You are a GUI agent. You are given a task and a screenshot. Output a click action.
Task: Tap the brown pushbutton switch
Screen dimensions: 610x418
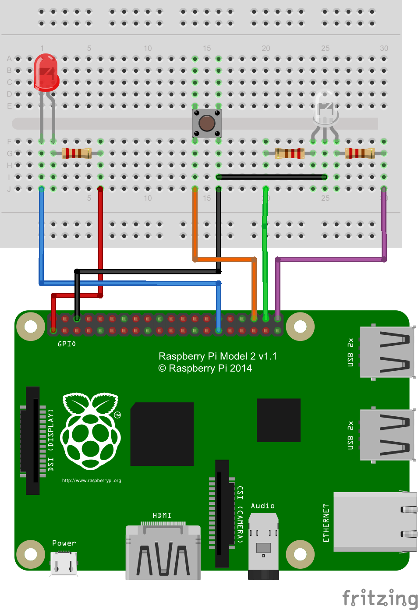click(x=207, y=123)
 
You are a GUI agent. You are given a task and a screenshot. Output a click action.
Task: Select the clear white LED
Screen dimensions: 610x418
click(x=325, y=107)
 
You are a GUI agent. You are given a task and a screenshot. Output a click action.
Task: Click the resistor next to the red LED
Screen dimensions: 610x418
click(x=77, y=153)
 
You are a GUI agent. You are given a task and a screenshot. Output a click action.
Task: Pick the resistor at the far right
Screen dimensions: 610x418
click(x=360, y=153)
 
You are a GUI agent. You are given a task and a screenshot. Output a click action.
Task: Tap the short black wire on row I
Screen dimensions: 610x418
click(x=272, y=177)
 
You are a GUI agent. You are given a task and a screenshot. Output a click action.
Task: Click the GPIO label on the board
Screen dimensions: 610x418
click(x=67, y=344)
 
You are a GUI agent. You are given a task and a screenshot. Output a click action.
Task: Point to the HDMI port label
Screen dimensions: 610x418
click(x=162, y=515)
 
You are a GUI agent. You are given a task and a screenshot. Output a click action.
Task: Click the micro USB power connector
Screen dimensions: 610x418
click(x=64, y=563)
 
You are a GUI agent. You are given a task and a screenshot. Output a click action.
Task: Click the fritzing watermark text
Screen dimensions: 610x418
click(x=379, y=598)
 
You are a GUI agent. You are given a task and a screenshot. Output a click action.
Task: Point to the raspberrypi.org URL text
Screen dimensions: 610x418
click(x=92, y=481)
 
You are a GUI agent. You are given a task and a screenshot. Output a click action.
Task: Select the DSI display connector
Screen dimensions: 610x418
click(x=33, y=440)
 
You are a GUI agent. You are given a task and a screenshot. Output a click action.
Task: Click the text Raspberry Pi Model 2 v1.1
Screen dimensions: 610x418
click(x=218, y=356)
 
